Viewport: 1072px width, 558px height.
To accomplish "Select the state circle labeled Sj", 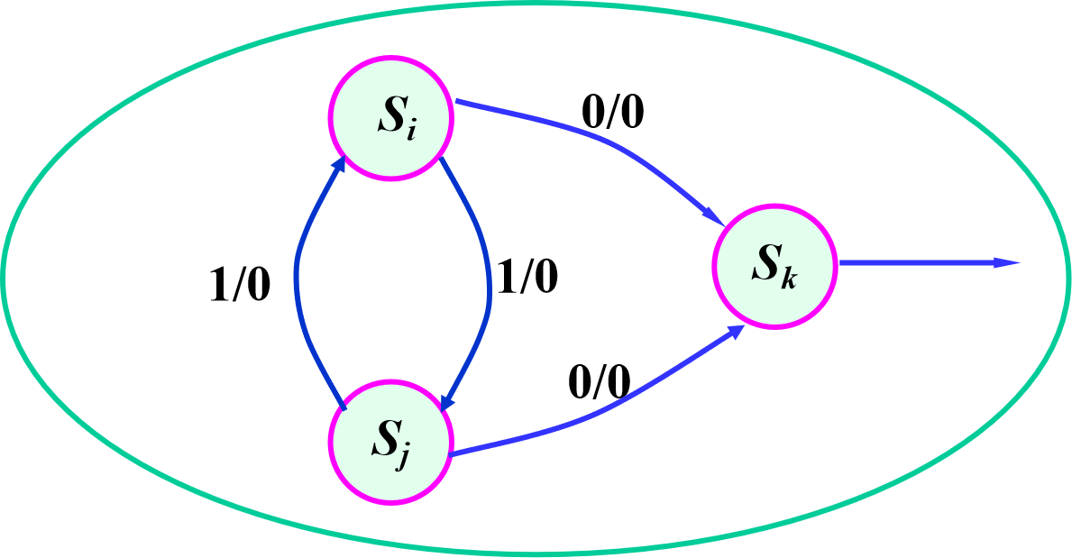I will click(x=390, y=442).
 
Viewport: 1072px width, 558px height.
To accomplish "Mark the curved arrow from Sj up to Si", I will click(x=297, y=279).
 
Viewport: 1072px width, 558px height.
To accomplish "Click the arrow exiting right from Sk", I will click(x=920, y=263).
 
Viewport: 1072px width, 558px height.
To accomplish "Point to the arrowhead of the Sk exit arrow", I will click(x=1007, y=263).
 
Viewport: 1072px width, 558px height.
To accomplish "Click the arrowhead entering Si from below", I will click(x=339, y=168).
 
